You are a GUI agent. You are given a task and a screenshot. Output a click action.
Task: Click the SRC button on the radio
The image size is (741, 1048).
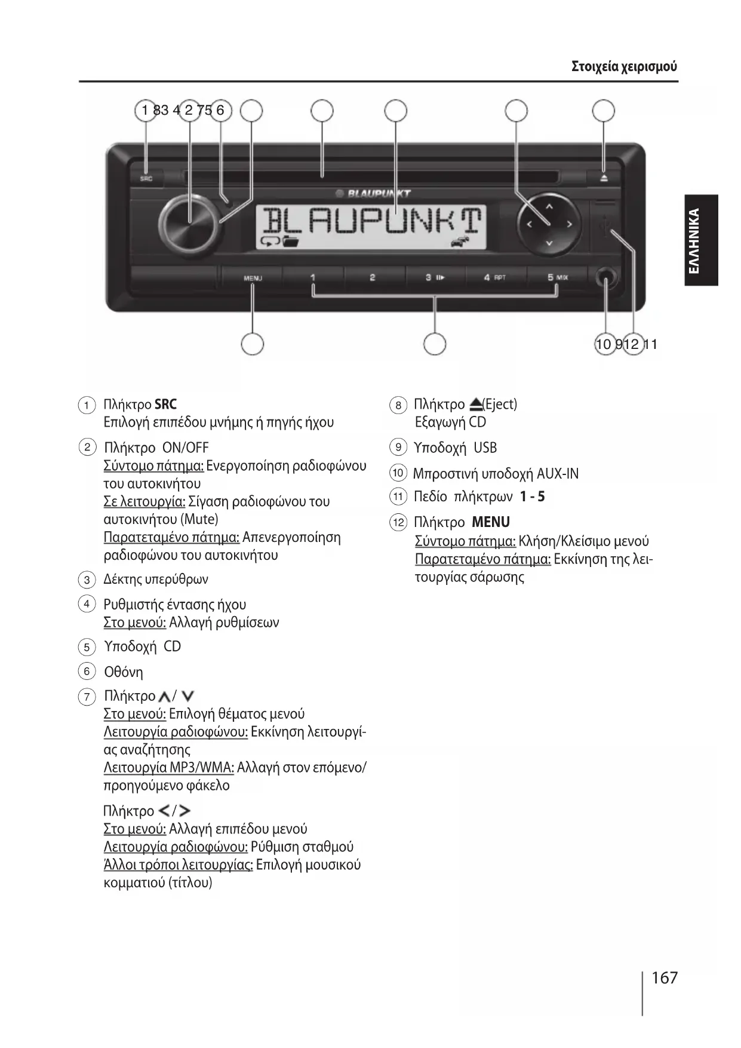(x=146, y=178)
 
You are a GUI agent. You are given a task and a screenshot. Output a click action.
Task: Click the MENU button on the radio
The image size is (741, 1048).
(x=253, y=278)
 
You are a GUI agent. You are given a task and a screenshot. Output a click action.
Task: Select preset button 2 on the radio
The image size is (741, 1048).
(x=372, y=278)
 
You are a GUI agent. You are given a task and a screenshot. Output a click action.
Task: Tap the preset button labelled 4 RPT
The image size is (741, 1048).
(x=494, y=278)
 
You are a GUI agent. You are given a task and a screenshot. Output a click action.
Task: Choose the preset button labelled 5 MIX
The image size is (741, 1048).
(x=557, y=277)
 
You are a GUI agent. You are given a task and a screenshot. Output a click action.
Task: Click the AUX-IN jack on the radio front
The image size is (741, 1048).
(x=606, y=278)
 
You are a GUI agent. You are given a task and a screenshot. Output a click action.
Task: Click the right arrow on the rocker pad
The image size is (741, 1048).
(x=569, y=224)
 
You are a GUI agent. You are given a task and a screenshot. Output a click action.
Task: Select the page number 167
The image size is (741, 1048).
(x=665, y=977)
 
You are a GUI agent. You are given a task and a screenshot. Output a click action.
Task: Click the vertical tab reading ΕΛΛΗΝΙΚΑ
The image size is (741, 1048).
(x=701, y=240)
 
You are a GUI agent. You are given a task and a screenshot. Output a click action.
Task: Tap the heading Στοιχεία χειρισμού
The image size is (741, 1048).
(x=624, y=66)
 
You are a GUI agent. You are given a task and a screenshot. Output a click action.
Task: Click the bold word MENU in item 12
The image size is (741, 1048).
(x=491, y=522)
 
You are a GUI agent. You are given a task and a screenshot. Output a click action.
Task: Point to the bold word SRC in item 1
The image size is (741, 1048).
(x=165, y=405)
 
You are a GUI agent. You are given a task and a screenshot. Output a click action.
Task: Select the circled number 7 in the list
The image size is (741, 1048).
(x=87, y=697)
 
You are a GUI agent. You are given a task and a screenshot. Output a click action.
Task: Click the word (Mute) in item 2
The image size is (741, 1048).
(x=199, y=519)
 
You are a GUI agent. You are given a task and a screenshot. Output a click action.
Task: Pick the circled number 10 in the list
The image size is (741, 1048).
(x=398, y=473)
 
